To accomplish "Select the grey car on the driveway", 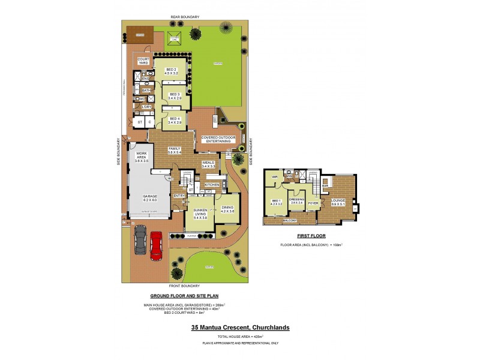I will (140, 241).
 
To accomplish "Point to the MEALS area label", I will (208, 163).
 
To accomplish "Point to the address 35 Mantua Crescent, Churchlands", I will (240, 328).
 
